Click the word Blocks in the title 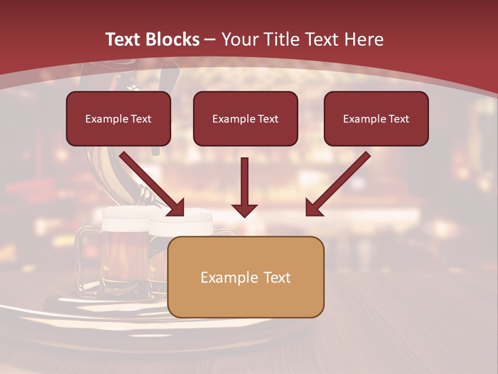174,39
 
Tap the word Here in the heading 363,39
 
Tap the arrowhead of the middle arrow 244,210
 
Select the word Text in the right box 399,119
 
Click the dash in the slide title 210,39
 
